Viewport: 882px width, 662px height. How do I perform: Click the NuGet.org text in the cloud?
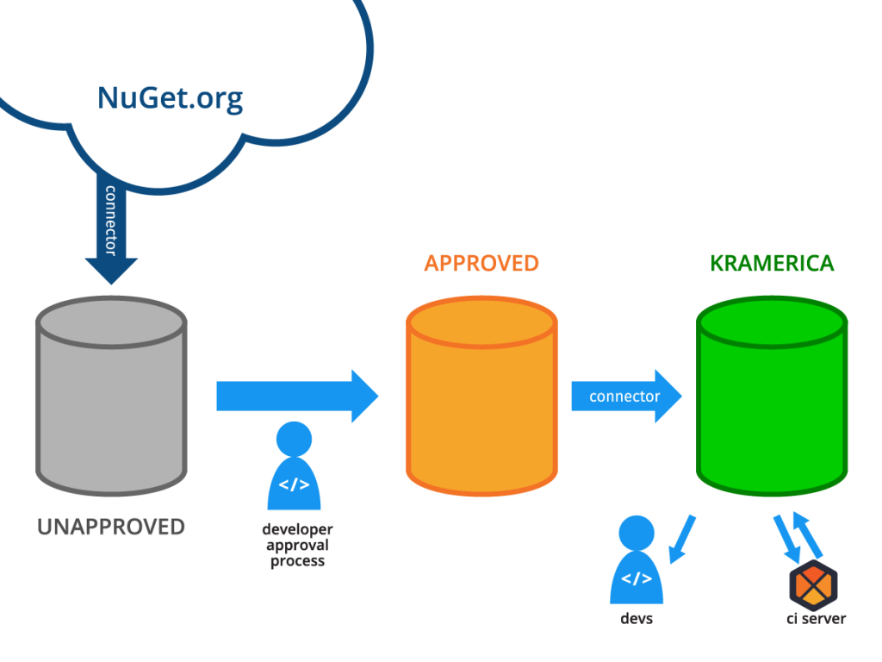170,97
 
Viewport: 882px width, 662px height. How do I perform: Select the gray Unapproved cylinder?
110,405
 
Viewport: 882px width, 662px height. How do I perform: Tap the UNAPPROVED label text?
111,527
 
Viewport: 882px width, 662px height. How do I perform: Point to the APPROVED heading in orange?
481,264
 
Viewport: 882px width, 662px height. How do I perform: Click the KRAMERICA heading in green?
772,264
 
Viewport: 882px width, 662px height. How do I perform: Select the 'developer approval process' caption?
297,545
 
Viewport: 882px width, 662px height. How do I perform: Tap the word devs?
637,619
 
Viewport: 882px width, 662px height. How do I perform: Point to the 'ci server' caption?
816,618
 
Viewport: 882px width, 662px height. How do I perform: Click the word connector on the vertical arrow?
110,221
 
